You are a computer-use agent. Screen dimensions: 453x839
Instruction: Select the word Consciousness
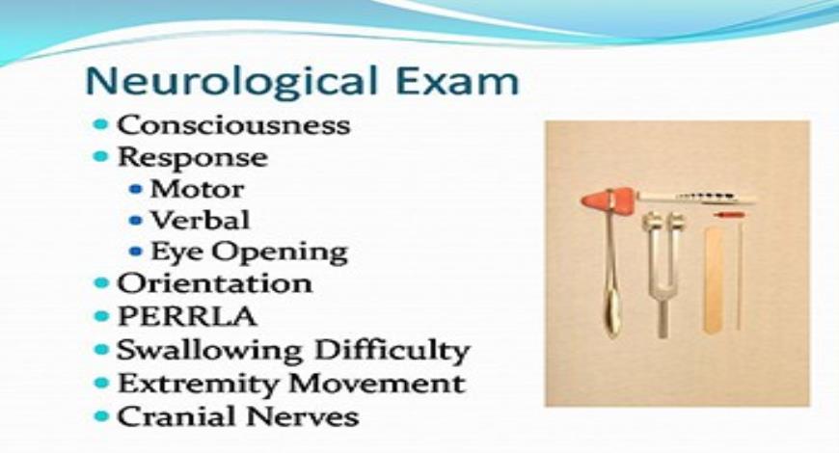click(x=233, y=125)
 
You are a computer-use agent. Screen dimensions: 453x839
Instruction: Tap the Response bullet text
click(x=192, y=156)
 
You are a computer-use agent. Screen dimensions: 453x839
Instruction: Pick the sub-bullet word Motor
click(x=197, y=188)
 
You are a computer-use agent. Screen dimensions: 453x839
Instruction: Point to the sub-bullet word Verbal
click(x=200, y=219)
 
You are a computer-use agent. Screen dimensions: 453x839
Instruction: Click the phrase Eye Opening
click(x=248, y=252)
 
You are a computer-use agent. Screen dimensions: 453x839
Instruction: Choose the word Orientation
click(x=214, y=283)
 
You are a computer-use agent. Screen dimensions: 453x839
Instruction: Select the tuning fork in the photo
click(x=662, y=270)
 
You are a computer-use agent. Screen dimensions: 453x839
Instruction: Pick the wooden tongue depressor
click(x=713, y=280)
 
